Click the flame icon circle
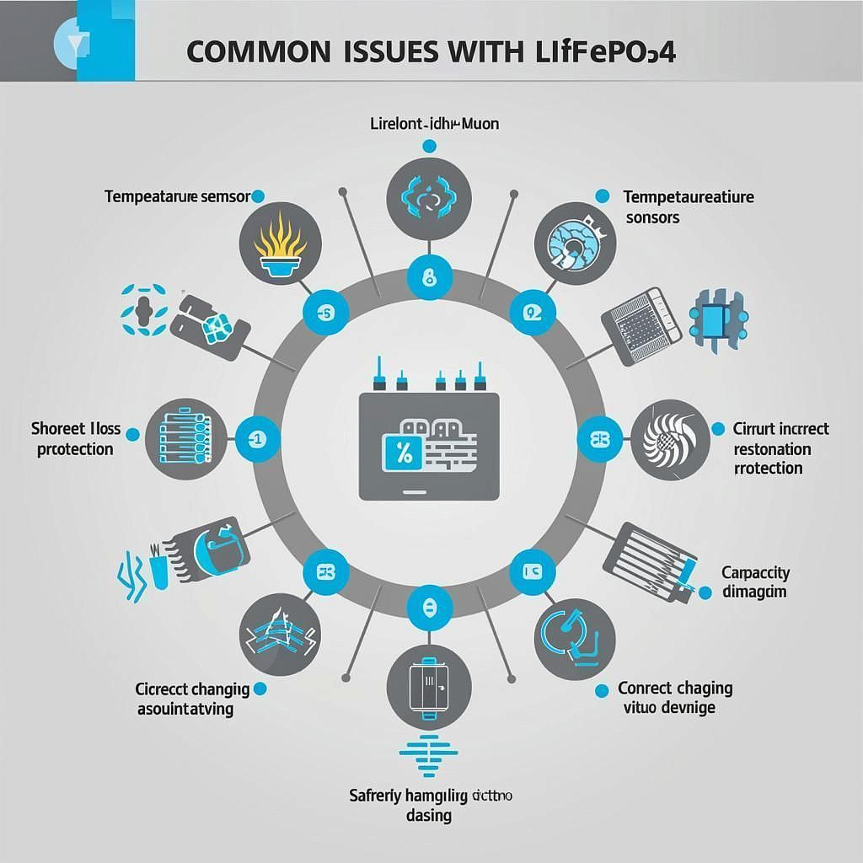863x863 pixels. [x=280, y=239]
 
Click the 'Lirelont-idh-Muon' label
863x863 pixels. [x=434, y=124]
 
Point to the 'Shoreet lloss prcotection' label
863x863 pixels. [x=76, y=439]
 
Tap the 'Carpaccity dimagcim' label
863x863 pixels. [x=755, y=582]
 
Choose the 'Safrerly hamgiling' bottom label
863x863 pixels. [x=431, y=804]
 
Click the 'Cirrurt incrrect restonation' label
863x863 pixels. [x=780, y=448]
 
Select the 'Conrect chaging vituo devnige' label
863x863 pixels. [x=674, y=697]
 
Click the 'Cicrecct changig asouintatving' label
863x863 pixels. [x=191, y=699]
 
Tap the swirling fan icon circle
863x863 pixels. [x=670, y=438]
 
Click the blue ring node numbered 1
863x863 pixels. [x=254, y=439]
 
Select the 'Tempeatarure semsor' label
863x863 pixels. [x=177, y=196]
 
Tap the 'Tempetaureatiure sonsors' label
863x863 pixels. [x=689, y=206]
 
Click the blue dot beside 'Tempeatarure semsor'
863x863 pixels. [x=259, y=196]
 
